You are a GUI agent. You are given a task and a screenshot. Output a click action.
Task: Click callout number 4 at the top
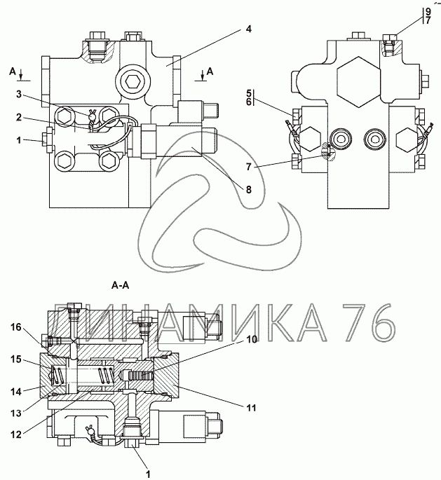(x=248, y=29)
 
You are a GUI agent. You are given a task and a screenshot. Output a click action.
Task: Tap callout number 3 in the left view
(x=19, y=95)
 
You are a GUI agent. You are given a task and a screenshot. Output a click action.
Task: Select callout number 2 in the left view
(x=19, y=117)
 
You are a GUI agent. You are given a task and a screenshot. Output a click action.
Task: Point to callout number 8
(x=248, y=189)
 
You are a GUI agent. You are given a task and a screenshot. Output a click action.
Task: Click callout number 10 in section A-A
(x=252, y=339)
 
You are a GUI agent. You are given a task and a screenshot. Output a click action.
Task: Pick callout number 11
(x=251, y=408)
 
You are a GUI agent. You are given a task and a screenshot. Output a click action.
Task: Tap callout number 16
(x=16, y=327)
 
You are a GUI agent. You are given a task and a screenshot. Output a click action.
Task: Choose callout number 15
(x=16, y=359)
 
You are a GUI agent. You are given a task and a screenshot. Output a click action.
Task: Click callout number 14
(x=16, y=391)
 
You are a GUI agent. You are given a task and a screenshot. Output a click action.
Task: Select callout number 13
(x=16, y=413)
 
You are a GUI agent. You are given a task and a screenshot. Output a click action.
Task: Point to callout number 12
(x=16, y=434)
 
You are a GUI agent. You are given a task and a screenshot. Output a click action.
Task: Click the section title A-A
(x=121, y=286)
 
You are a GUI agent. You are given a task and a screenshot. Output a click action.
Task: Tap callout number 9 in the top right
(x=428, y=12)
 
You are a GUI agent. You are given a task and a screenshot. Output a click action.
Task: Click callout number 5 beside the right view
(x=248, y=93)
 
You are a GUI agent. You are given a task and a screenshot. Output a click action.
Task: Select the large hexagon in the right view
(x=358, y=82)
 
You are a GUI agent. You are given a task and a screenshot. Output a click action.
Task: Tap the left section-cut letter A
(x=12, y=71)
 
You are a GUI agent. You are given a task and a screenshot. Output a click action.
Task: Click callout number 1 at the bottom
(x=148, y=474)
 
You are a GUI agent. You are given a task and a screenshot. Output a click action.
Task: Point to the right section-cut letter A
(x=210, y=71)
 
